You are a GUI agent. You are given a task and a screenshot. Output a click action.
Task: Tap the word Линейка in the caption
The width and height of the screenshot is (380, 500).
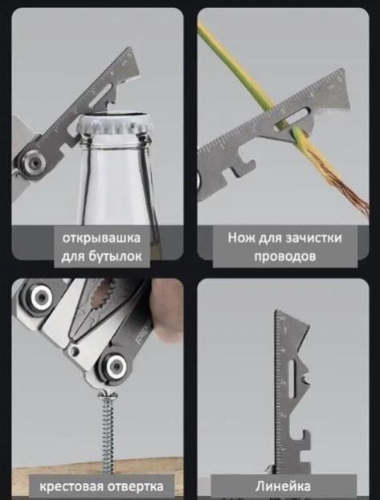pyautogui.click(x=282, y=486)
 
